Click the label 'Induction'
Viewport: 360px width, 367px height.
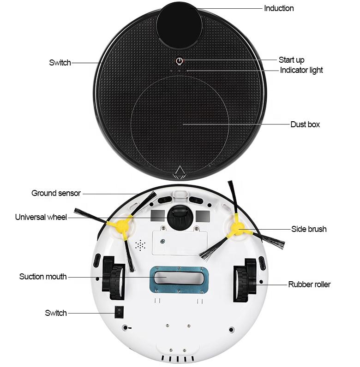(279, 8)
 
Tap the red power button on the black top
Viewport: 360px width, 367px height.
(180, 61)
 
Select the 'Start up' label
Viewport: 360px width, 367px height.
(291, 60)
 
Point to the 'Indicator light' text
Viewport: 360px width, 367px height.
(301, 70)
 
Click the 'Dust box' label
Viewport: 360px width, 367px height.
(305, 124)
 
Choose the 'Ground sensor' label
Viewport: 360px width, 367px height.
(56, 193)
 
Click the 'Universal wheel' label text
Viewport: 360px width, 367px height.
(41, 217)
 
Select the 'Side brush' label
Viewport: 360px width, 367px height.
(309, 229)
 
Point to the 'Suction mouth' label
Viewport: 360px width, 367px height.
(43, 277)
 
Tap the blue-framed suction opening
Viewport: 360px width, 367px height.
(178, 278)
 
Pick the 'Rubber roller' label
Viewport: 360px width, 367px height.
(309, 284)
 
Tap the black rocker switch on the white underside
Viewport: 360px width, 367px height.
(119, 313)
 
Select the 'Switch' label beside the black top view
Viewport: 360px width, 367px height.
(60, 63)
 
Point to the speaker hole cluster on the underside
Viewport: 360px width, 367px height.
(140, 245)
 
